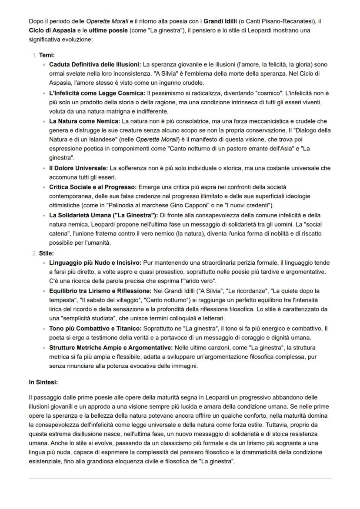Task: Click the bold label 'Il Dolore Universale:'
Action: coord(79,168)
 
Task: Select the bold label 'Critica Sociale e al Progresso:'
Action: coord(93,187)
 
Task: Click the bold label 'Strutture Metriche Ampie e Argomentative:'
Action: coord(110,348)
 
